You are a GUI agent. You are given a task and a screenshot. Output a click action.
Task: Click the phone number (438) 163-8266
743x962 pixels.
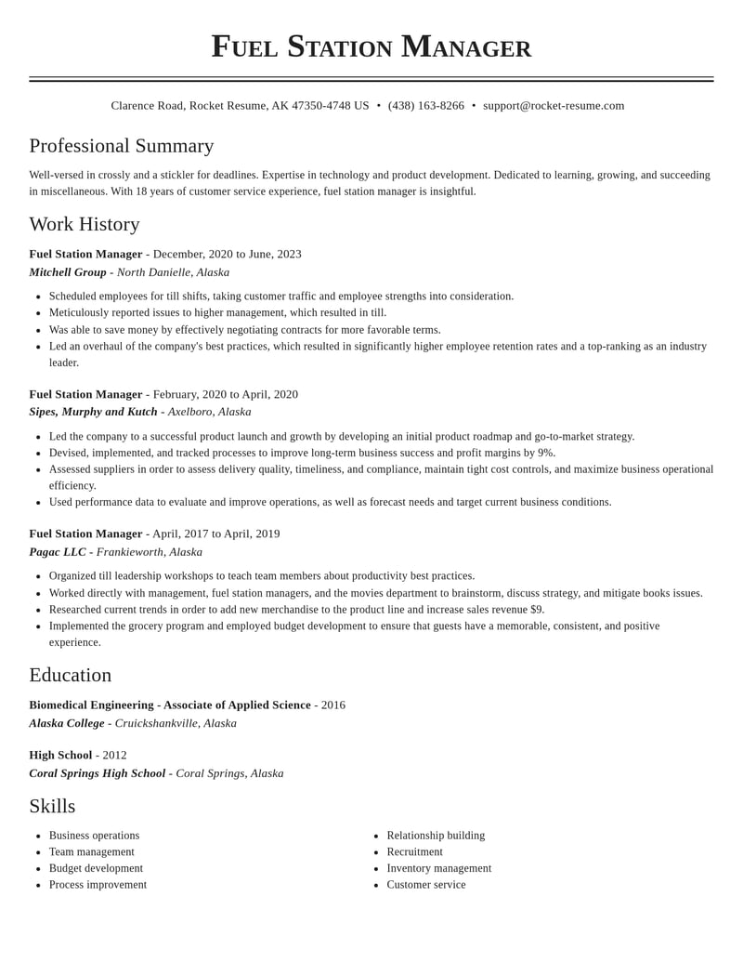[x=425, y=106]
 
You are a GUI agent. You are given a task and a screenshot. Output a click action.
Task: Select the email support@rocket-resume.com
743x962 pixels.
[x=554, y=106]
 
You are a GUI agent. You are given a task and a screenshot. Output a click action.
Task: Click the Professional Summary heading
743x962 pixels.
[x=122, y=146]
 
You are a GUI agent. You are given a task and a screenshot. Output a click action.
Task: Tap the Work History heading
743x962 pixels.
[x=85, y=224]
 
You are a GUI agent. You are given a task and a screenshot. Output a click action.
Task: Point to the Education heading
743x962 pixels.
[x=71, y=675]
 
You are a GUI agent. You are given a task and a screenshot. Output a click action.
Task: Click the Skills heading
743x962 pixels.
[x=52, y=806]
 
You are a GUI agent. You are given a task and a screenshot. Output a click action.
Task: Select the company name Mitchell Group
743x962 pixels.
[x=68, y=272]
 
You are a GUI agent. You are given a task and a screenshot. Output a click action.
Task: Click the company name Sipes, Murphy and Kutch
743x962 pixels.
[x=93, y=412]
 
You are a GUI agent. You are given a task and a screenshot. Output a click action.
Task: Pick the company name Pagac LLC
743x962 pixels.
[x=58, y=552]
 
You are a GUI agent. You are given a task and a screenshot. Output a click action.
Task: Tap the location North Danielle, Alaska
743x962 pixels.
[x=173, y=272]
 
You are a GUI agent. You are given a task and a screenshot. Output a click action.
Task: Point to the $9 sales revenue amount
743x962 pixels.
[x=537, y=610]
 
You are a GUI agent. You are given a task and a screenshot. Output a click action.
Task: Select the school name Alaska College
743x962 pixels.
[x=67, y=723]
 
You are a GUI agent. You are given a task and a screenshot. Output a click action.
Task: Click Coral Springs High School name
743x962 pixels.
[x=98, y=773]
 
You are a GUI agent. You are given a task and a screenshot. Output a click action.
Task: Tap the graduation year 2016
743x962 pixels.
[x=333, y=705]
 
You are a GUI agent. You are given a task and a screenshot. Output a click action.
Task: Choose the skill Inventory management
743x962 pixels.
[x=439, y=868]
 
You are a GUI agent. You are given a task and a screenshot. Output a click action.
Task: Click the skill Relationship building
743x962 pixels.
[x=436, y=836]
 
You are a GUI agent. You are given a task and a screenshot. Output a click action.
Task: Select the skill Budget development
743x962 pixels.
[x=96, y=868]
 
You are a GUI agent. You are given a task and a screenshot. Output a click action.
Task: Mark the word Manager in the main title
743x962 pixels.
[x=466, y=46]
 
